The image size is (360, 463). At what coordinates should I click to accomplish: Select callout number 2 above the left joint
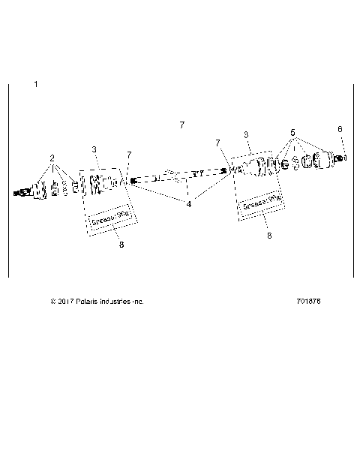(52, 158)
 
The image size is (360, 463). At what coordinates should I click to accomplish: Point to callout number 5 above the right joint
(292, 133)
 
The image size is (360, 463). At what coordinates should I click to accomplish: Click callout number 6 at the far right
(340, 129)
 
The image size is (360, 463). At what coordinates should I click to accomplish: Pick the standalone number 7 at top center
(181, 124)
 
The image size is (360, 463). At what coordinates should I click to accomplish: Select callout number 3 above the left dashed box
(94, 150)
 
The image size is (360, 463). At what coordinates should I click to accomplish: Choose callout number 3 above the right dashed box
(247, 134)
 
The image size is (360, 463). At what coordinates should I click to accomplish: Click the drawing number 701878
(309, 301)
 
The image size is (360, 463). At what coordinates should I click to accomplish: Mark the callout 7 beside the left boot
(129, 155)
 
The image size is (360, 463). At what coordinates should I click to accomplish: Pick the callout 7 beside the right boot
(217, 142)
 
